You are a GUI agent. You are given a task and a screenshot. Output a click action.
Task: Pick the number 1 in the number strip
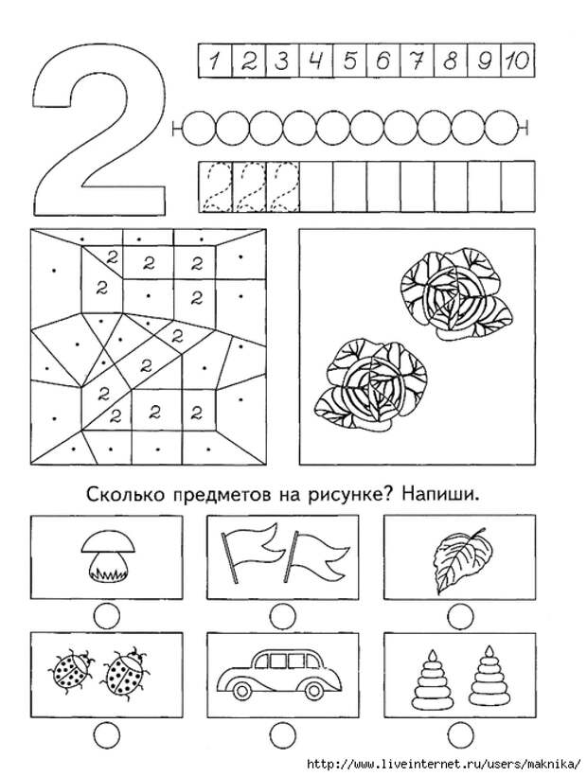(216, 62)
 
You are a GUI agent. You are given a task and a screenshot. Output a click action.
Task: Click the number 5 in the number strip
(350, 62)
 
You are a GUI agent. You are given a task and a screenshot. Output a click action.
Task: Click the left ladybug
(72, 672)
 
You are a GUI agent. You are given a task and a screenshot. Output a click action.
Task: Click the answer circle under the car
(280, 732)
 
